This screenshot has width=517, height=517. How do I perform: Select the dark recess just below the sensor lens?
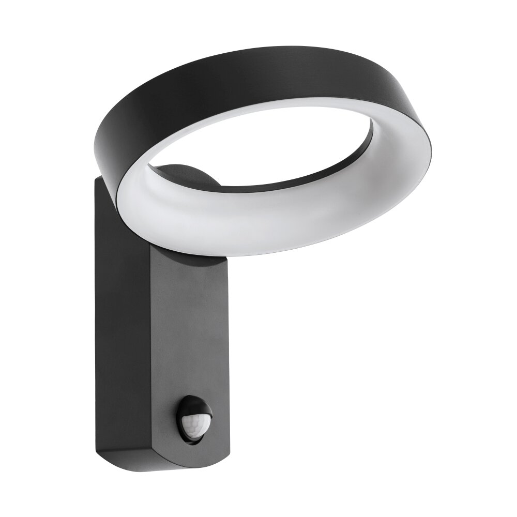[194, 437]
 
